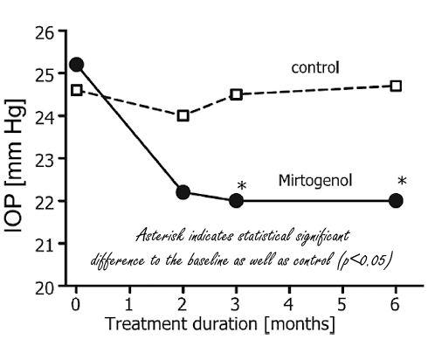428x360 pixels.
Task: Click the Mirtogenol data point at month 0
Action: point(77,65)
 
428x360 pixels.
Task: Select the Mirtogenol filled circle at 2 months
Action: point(183,192)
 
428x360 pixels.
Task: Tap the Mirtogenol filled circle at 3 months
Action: point(237,200)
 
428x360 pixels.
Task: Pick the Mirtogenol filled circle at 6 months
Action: point(396,200)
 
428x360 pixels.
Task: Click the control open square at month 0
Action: point(77,90)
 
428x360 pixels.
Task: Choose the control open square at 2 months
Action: point(183,115)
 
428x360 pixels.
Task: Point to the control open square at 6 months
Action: point(396,86)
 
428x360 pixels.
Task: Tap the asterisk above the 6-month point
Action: point(401,182)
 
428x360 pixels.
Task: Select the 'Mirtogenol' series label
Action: point(314,181)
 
